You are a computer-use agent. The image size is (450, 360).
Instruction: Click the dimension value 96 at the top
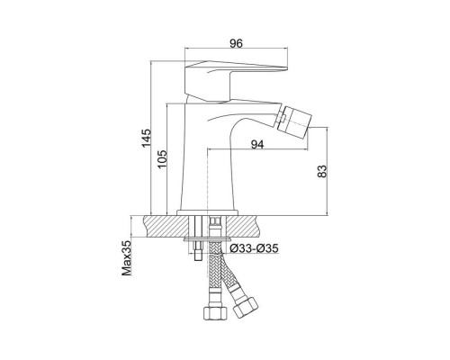pos(236,43)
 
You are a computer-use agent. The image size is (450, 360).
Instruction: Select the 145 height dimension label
pos(147,138)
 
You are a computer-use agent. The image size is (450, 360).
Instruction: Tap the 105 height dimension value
pos(162,159)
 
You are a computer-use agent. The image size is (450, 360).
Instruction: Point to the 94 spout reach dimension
pos(257,145)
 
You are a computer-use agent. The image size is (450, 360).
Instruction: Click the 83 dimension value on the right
pos(322,171)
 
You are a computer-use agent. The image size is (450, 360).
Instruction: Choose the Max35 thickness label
pos(127,258)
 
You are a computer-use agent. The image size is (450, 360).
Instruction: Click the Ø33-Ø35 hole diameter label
pos(254,248)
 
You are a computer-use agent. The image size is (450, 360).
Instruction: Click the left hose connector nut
pos(212,312)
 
